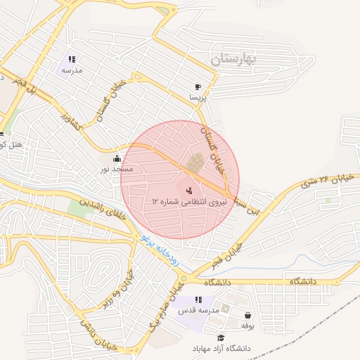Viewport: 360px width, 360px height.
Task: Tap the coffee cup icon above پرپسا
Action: (x=198, y=86)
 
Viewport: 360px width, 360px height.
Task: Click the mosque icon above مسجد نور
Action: (x=117, y=159)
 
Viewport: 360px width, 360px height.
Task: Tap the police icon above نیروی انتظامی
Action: (x=188, y=190)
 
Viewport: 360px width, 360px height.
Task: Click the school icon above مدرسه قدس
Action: (x=199, y=300)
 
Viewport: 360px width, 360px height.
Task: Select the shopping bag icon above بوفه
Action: (x=247, y=315)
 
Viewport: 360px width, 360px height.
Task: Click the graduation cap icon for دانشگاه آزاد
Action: (x=223, y=337)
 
